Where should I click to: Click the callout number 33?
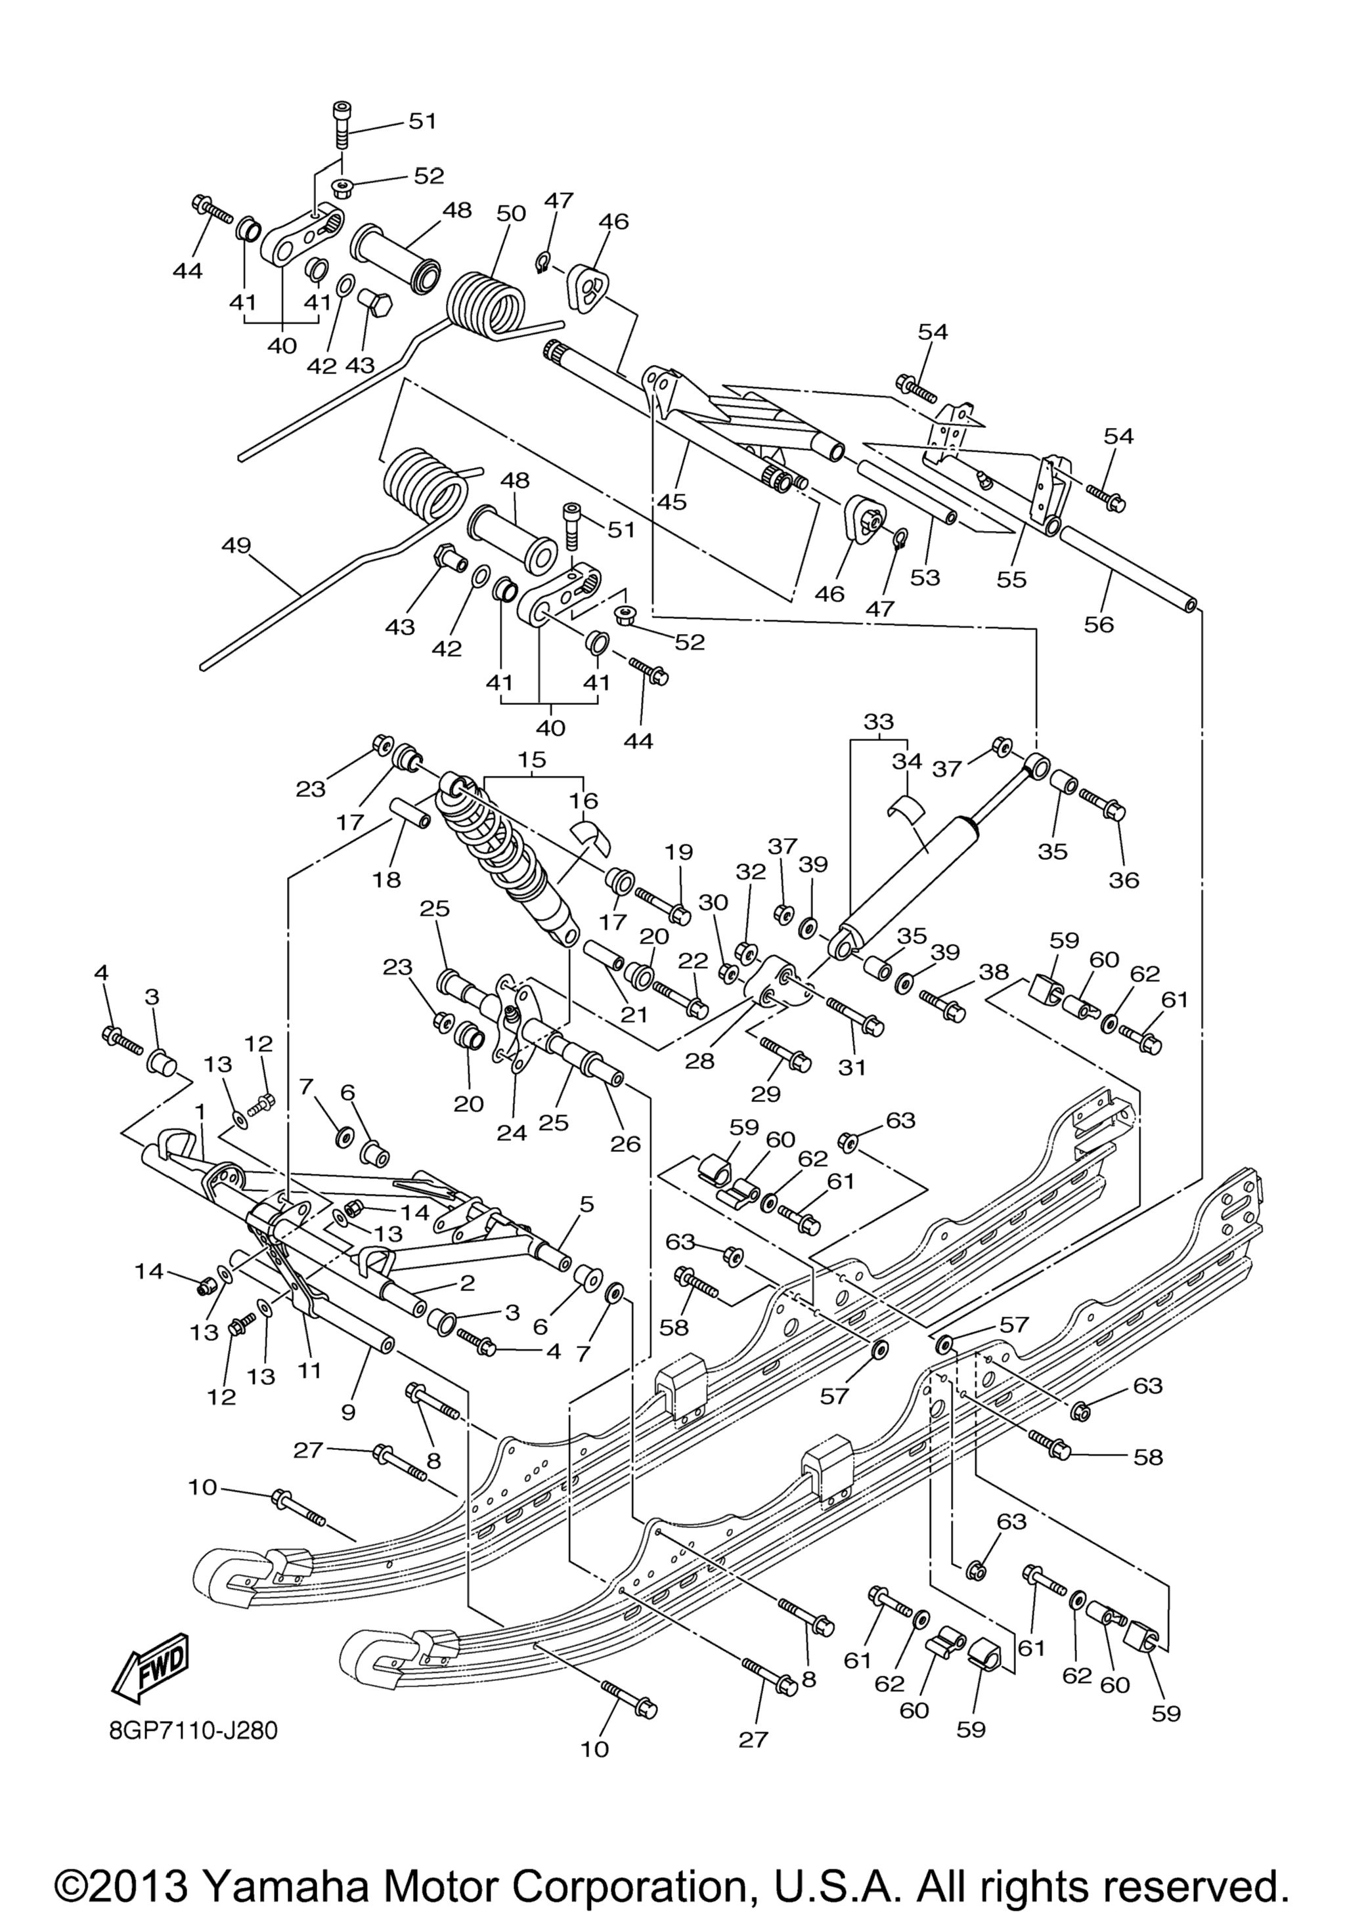(878, 721)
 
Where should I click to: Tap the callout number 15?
(531, 759)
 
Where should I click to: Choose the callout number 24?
(512, 1133)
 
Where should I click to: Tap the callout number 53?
(925, 577)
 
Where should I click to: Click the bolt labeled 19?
(663, 905)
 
